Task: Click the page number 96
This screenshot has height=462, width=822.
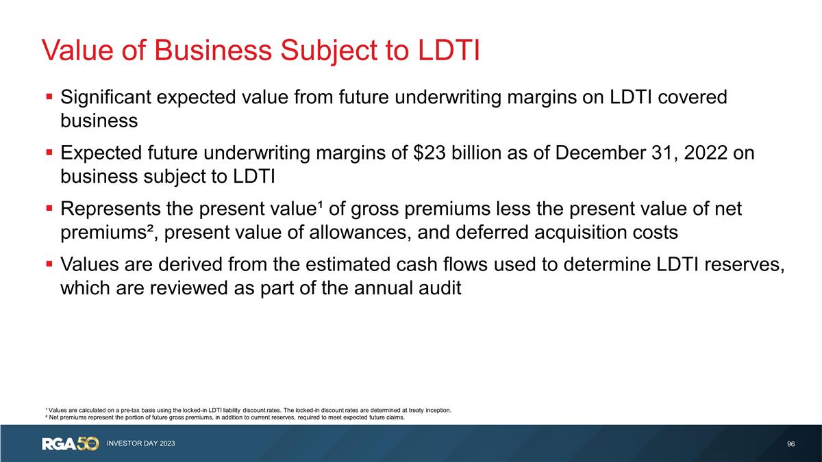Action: tap(791, 444)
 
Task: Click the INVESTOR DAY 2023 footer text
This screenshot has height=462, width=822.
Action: tap(140, 444)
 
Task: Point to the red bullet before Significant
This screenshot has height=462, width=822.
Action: tap(50, 98)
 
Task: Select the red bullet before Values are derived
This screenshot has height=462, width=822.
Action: tap(50, 264)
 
